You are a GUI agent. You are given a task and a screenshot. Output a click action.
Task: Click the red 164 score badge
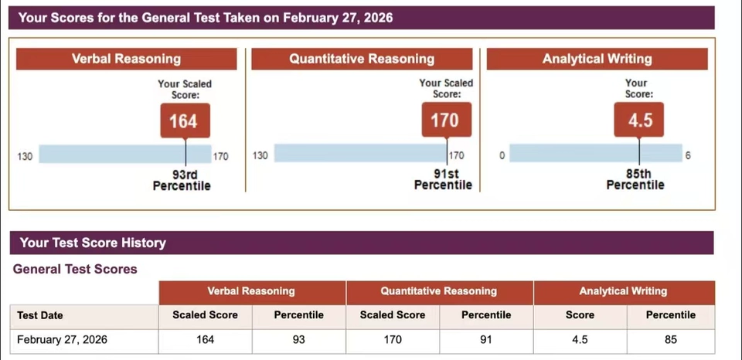pos(184,121)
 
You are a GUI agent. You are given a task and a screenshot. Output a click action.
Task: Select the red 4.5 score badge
pos(638,121)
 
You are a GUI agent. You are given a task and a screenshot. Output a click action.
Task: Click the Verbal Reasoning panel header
pos(126,59)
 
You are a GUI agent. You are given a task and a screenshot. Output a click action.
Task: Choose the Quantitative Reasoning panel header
pos(362,59)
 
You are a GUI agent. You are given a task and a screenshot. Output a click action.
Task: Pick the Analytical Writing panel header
pos(597,59)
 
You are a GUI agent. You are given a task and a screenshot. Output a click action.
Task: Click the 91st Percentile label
pos(443,181)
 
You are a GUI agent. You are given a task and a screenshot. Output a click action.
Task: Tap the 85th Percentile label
pos(636,181)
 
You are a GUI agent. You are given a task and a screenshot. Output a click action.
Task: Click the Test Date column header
pos(40,315)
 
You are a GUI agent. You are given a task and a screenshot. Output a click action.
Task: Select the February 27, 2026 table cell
pos(62,340)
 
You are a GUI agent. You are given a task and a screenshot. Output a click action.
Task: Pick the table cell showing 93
pos(299,340)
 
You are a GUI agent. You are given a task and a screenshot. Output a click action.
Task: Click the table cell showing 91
pos(486,340)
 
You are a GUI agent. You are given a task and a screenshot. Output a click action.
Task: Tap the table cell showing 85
pos(671,340)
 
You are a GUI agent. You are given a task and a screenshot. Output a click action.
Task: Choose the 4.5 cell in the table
pos(580,340)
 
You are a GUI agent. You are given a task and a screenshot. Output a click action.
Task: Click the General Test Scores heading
pos(75,270)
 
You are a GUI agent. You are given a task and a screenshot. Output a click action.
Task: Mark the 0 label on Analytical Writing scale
pos(502,156)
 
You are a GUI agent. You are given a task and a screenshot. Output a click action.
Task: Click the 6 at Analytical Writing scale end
pos(687,156)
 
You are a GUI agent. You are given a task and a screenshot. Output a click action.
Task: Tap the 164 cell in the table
pos(205,340)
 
